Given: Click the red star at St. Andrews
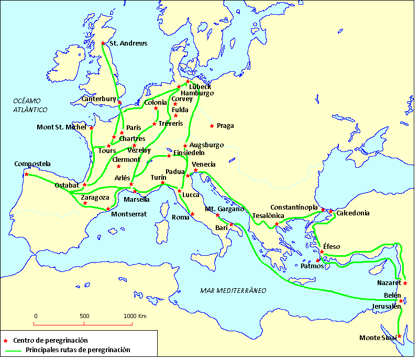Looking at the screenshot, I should [x=103, y=43].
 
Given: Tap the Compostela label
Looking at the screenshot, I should [x=32, y=164].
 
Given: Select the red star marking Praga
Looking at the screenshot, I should [x=212, y=126].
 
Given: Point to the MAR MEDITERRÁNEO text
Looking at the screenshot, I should [x=234, y=290].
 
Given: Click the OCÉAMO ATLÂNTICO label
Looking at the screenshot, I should [x=30, y=105].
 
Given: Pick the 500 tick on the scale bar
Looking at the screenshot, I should [x=84, y=323].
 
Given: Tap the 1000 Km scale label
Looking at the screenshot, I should [x=135, y=316].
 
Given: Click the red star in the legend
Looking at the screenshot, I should [x=5, y=341].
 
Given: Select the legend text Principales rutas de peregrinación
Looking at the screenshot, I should [x=78, y=350].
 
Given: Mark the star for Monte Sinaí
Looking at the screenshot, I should [x=399, y=336].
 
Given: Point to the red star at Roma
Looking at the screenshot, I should [x=192, y=214].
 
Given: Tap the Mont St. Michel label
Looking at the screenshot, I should [x=62, y=127].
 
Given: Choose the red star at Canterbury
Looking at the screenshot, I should [x=120, y=103].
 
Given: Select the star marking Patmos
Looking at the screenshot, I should [x=318, y=260].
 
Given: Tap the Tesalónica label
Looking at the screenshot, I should [x=269, y=216].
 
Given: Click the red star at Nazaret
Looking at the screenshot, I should [x=405, y=283].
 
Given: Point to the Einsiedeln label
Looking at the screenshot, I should [x=191, y=152].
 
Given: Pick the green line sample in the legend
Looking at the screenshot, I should [x=13, y=350].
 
